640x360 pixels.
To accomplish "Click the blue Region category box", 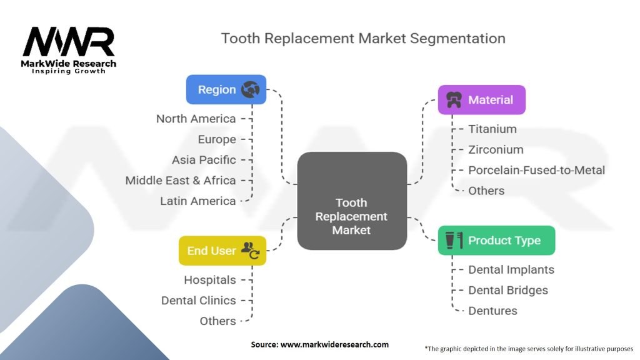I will click(x=226, y=89).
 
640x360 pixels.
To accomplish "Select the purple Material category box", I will click(x=481, y=100).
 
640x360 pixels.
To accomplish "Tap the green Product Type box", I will click(x=496, y=241).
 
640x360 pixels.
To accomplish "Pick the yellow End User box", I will click(x=222, y=251).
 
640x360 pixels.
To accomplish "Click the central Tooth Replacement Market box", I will click(x=351, y=216).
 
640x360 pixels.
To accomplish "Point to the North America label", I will click(x=196, y=119).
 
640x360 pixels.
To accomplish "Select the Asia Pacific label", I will click(x=204, y=160).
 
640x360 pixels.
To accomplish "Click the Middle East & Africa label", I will click(x=181, y=181).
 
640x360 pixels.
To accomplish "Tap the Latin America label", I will click(x=197, y=201).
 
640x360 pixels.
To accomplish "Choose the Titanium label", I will click(x=492, y=129).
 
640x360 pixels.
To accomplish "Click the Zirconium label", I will click(x=496, y=150).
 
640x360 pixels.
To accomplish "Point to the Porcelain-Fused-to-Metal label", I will click(x=536, y=170).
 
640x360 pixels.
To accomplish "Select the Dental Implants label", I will click(x=511, y=270).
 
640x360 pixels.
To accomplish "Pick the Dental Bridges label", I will click(x=507, y=291).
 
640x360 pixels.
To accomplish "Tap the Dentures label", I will click(x=492, y=311).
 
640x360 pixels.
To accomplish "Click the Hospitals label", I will click(x=210, y=280).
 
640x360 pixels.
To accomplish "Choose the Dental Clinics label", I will click(x=199, y=301).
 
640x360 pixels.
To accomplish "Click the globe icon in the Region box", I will click(x=251, y=89).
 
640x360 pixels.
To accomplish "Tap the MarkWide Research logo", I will click(x=69, y=50).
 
